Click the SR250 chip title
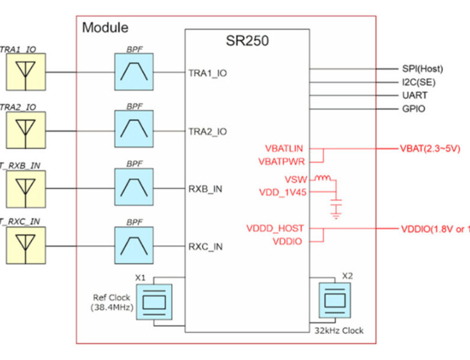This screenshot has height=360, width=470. pos(247,41)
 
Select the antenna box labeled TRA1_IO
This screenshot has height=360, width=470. pos(25,72)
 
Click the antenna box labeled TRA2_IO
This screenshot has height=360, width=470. pos(25,130)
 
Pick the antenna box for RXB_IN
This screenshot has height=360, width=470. pos(25,188)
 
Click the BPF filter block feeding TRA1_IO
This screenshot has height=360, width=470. pos(133,72)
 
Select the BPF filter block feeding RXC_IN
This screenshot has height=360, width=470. pos(133,245)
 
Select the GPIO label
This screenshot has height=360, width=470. pos(414,109)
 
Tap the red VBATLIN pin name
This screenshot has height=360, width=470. pos(283,148)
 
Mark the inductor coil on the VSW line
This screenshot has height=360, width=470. pos(324,178)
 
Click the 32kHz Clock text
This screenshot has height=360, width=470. pos(339,331)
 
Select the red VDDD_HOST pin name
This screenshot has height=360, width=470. pos(275,229)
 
